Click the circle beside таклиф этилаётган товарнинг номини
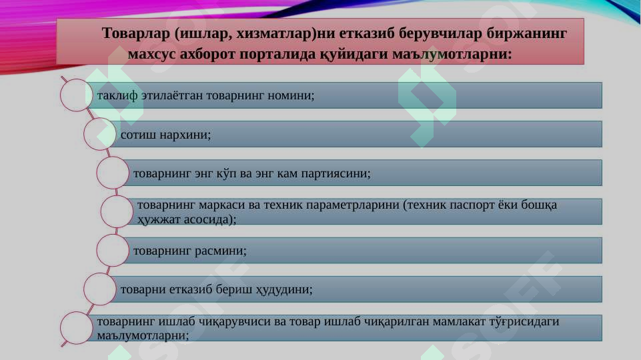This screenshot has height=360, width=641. tap(75, 95)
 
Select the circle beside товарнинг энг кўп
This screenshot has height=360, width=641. tap(113, 173)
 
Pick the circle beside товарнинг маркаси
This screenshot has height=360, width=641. tap(117, 211)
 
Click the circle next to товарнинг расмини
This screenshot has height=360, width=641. tap(113, 250)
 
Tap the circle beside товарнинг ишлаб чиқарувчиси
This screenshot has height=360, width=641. tap(75, 328)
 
